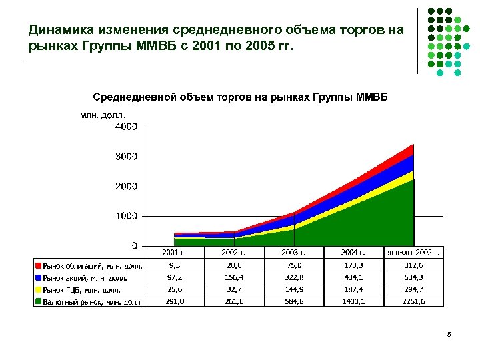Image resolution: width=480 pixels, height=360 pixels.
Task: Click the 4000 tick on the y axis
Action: pos(126,127)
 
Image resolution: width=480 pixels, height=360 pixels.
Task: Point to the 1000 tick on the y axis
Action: pos(126,216)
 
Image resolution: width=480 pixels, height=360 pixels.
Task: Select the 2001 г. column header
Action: pos(174,253)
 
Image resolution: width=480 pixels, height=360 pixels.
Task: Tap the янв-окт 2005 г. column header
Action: pos(413,253)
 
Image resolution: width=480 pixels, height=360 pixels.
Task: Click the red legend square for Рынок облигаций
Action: pos(39,265)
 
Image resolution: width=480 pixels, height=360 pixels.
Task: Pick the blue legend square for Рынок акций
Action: pos(39,277)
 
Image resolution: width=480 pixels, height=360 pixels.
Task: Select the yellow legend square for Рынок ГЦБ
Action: pos(39,289)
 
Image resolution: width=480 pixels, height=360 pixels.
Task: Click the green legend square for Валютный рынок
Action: pos(39,301)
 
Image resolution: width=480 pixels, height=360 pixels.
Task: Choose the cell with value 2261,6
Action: pos(413,301)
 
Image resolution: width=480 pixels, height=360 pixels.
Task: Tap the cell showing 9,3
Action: pos(174,265)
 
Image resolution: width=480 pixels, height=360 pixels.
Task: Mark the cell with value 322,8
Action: pos(293,277)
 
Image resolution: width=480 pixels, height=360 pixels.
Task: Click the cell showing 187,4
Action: pos(353,289)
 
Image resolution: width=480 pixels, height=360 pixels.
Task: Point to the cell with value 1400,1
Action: pos(353,301)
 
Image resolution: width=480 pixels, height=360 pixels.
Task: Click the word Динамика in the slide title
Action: pos(57,30)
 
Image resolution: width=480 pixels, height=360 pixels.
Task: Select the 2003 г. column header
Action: pos(293,253)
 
